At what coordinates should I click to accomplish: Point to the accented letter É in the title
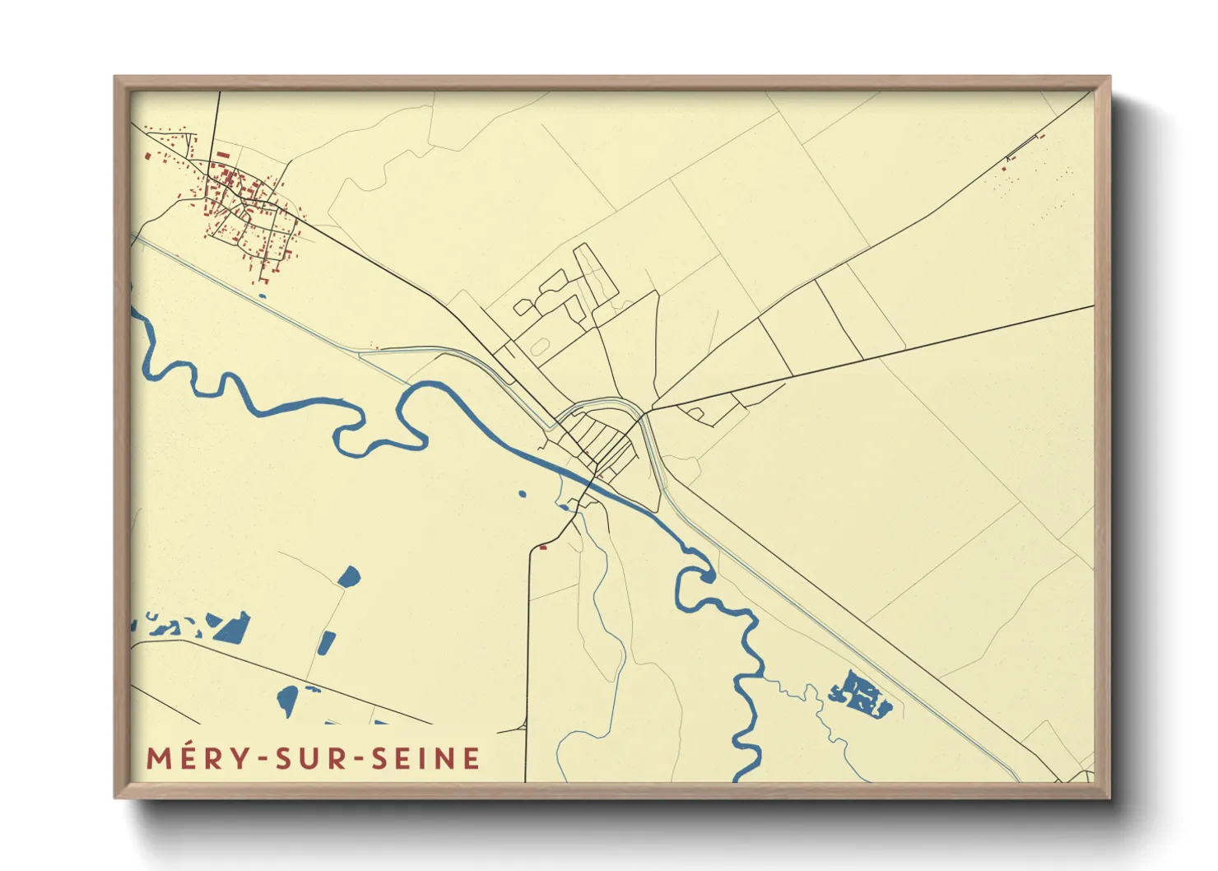[x=188, y=758]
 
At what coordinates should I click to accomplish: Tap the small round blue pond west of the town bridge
[x=522, y=494]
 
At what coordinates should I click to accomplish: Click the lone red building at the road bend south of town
[x=542, y=547]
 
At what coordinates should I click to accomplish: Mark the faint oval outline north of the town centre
[x=539, y=347]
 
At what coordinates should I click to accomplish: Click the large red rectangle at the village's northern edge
[x=222, y=154]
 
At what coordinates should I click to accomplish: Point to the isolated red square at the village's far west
[x=147, y=155]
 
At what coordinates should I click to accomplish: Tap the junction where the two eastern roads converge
[x=652, y=409]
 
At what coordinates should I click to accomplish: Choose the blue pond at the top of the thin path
[x=349, y=576]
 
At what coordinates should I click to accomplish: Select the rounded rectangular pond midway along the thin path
[x=327, y=643]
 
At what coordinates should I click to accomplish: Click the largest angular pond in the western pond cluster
[x=233, y=628]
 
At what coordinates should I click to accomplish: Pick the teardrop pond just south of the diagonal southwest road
[x=287, y=700]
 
